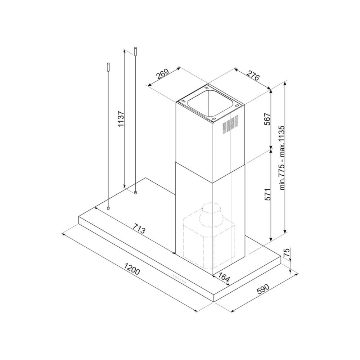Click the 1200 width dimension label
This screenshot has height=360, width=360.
pyautogui.click(x=132, y=270)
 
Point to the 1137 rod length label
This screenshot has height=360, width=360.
pyautogui.click(x=121, y=119)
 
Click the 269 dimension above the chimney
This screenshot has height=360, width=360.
pyautogui.click(x=163, y=75)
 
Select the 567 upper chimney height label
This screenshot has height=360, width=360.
pyautogui.click(x=267, y=118)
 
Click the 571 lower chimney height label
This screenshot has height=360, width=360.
pyautogui.click(x=267, y=194)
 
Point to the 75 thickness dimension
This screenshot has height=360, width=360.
pyautogui.click(x=287, y=253)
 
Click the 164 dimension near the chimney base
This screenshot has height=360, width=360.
pyautogui.click(x=224, y=277)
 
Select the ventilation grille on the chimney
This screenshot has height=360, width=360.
pyautogui.click(x=230, y=124)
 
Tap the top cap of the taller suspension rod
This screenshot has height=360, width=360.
pyautogui.click(x=135, y=51)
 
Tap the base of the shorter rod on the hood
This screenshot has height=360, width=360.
pyautogui.click(x=108, y=208)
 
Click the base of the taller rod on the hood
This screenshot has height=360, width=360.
pyautogui.click(x=135, y=192)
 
